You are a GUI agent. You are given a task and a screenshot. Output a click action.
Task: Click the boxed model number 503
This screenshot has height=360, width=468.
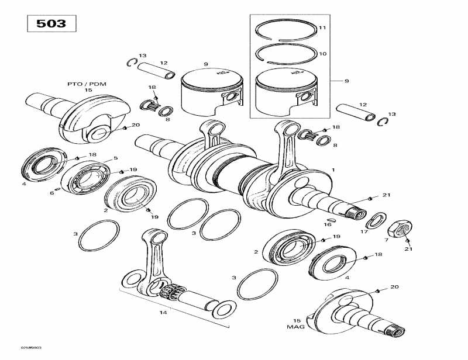point(51,24)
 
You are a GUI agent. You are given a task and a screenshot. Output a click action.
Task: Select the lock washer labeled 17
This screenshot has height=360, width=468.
point(374,220)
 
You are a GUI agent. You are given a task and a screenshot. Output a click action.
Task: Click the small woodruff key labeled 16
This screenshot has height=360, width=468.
point(329,221)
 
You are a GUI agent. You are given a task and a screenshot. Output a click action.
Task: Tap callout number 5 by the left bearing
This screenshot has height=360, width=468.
point(115,158)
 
